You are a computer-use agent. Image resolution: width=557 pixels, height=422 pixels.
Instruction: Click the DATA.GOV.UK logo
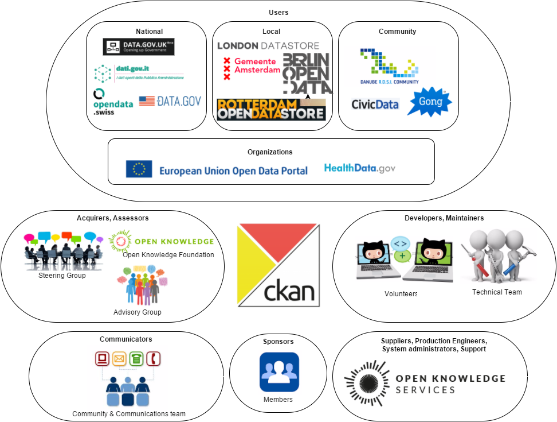click(x=138, y=47)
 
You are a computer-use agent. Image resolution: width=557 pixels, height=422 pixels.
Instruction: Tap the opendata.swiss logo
click(x=113, y=102)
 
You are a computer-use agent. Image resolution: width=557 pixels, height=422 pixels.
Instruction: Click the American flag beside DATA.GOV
click(x=147, y=101)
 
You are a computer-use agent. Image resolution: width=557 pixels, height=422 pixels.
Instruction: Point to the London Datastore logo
click(x=268, y=45)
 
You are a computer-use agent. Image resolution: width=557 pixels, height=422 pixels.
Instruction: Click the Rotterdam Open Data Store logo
click(x=270, y=110)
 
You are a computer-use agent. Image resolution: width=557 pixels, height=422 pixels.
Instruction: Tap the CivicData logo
click(x=375, y=104)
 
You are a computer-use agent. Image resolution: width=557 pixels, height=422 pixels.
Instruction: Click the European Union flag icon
click(x=139, y=168)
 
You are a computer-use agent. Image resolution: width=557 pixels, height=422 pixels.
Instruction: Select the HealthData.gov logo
click(x=359, y=168)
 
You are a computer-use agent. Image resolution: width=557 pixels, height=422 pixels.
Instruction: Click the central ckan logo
click(x=278, y=265)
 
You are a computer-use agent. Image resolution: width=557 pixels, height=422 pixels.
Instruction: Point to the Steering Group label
click(x=62, y=276)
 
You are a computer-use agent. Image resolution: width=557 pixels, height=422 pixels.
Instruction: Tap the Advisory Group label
click(x=138, y=312)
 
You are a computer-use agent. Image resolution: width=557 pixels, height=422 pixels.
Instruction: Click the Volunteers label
click(x=401, y=294)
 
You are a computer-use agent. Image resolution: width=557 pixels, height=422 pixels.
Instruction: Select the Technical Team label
click(x=497, y=292)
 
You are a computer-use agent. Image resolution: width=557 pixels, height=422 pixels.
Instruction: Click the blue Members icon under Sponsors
click(x=279, y=372)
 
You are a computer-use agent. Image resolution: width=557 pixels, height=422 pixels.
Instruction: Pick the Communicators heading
click(x=126, y=339)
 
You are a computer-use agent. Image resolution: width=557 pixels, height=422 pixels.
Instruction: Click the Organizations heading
click(x=270, y=152)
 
